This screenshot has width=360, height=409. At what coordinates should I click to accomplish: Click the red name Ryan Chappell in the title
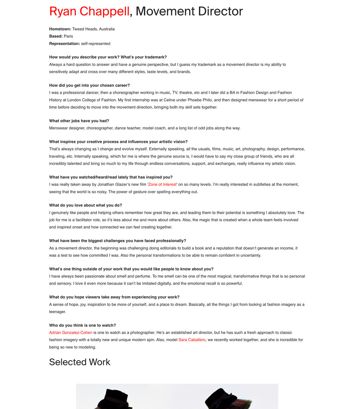[x=89, y=11]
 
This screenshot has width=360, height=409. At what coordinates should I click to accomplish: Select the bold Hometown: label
[x=60, y=29]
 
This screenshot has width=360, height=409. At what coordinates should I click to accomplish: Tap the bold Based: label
[x=56, y=36]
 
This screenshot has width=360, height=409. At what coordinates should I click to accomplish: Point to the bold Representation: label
[x=64, y=44]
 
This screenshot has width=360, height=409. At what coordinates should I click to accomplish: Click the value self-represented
[x=96, y=44]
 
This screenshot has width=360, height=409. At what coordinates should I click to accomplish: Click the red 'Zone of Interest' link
[x=162, y=184]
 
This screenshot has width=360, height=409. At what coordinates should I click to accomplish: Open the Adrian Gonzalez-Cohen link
[x=71, y=332]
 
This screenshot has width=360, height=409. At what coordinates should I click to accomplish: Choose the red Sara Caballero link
[x=192, y=340]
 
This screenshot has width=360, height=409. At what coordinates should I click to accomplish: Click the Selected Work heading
[x=80, y=362]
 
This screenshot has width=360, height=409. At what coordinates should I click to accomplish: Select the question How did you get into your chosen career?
[x=90, y=85]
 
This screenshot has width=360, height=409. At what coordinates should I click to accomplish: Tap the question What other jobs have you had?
[x=79, y=121]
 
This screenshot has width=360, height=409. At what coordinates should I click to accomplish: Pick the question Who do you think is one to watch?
[x=83, y=325]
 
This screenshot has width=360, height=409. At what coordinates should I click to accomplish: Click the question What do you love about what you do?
[x=85, y=205]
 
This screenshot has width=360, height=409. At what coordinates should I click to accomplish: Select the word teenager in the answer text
[x=57, y=312]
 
